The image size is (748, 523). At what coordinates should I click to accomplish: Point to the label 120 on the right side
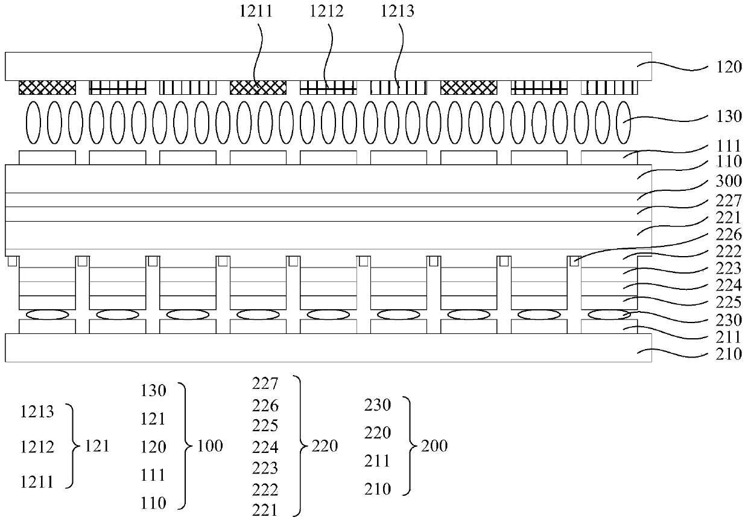pos(729,67)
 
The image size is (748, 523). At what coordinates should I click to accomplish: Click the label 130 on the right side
pos(729,117)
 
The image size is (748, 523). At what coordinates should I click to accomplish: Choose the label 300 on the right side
pos(729,184)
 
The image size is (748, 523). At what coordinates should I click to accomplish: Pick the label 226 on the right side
pos(729,234)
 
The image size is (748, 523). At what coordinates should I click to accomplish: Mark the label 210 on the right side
pos(729,354)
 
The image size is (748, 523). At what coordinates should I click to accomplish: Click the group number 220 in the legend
pos(326,447)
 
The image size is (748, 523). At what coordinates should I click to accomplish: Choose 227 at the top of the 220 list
pos(265,383)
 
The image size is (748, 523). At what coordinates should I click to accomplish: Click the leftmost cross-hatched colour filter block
pos(48,88)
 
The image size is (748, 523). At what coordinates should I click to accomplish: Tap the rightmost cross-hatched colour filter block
pos(469,88)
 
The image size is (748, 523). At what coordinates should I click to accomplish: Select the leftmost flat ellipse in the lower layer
pos(48,314)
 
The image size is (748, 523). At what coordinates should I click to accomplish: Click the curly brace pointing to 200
pos(410,447)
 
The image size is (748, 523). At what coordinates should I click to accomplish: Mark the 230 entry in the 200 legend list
pos(378,405)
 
